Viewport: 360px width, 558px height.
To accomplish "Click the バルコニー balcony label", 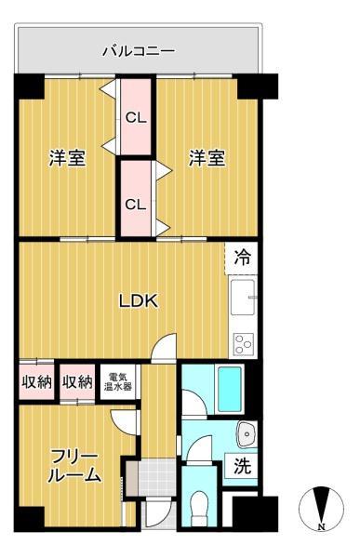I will pyautogui.click(x=138, y=51).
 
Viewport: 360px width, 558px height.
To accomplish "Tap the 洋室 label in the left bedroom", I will pyautogui.click(x=67, y=158).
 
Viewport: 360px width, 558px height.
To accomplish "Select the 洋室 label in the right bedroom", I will pyautogui.click(x=207, y=158).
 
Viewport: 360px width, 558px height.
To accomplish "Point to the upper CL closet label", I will pyautogui.click(x=136, y=118).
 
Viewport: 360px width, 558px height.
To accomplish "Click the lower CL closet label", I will pyautogui.click(x=136, y=205).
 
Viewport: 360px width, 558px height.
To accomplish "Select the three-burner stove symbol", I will pyautogui.click(x=244, y=342).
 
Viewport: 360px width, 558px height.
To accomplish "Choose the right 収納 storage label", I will pyautogui.click(x=76, y=381).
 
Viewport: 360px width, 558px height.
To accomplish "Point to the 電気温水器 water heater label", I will pyautogui.click(x=116, y=380).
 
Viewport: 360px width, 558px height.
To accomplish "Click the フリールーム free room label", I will pyautogui.click(x=73, y=465).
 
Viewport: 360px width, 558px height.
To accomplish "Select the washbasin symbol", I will pyautogui.click(x=247, y=433).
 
